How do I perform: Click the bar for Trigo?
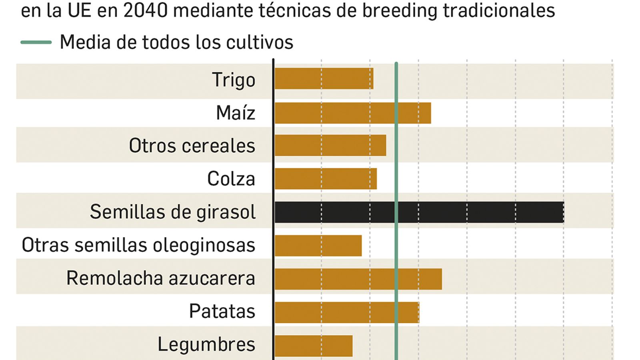pos(324,78)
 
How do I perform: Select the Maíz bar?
pos(353,113)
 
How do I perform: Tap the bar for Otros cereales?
pos(330,145)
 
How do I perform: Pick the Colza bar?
pos(326,178)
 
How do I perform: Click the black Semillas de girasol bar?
pos(419,212)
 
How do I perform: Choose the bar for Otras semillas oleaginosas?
pos(318,245)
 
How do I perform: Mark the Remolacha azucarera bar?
pos(358,279)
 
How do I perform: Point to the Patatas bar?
pos(347,312)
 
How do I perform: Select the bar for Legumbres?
pos(314,346)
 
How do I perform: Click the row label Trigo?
pos(234,80)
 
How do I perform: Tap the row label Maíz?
pos(236,113)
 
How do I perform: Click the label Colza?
pos(231,178)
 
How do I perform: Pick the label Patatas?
pos(222,311)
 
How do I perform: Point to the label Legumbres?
pos(206,345)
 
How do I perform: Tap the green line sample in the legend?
pos(36,42)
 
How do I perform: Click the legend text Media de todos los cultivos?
pos(176,42)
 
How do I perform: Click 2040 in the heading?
pos(146,10)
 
